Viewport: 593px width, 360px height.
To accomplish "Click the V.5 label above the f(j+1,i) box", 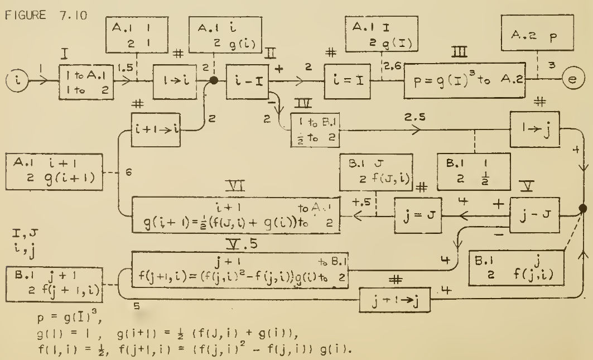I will click(239, 246).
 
